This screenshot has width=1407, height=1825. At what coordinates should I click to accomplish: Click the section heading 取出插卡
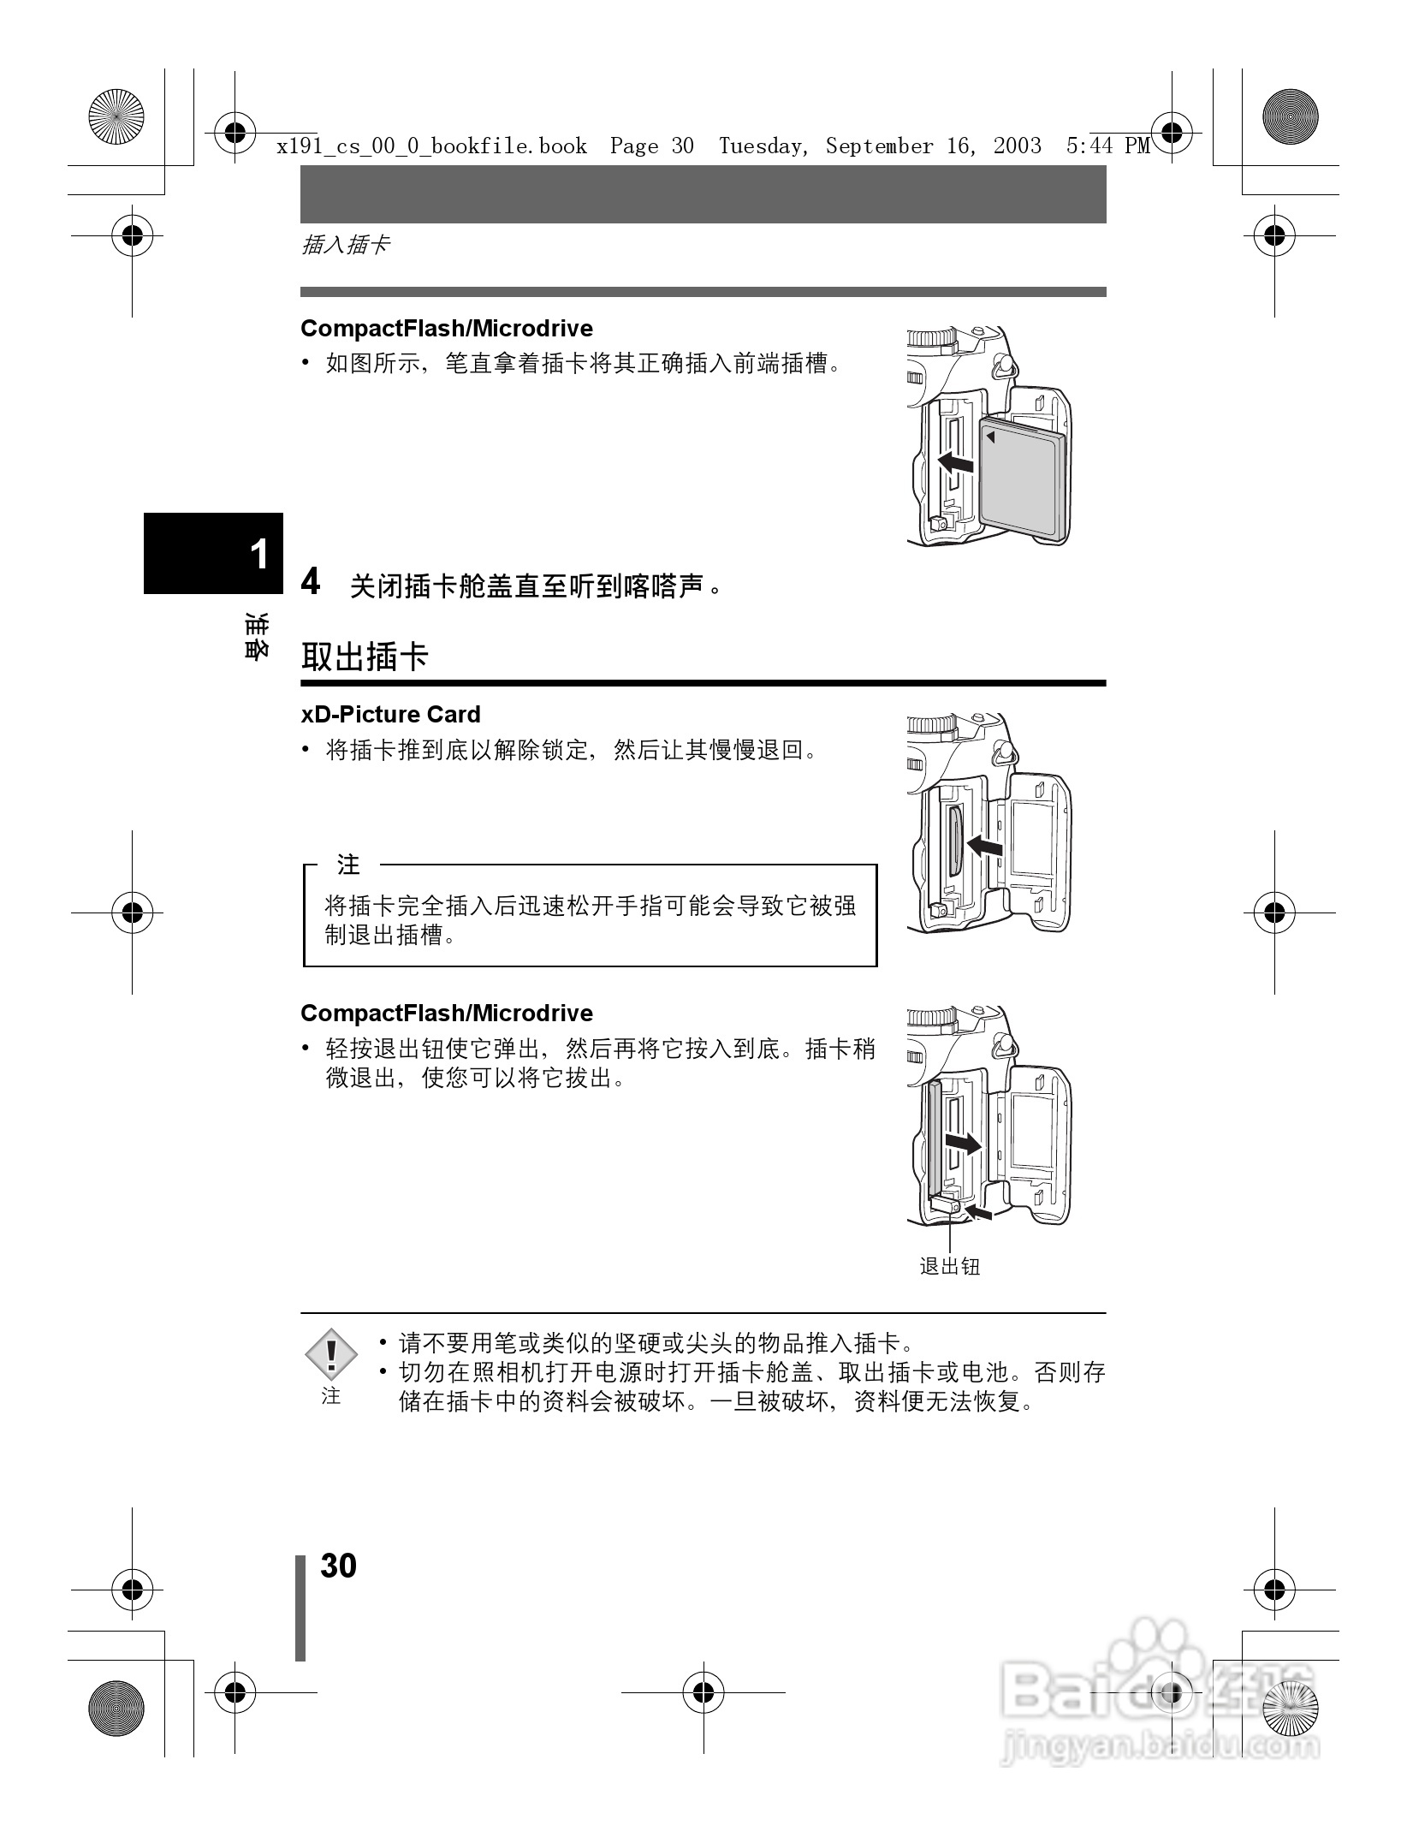(365, 657)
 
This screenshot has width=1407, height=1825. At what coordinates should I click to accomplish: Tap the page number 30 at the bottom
(338, 1566)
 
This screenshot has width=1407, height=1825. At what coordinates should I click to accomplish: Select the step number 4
(311, 581)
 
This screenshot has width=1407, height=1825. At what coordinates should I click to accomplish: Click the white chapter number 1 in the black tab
(258, 555)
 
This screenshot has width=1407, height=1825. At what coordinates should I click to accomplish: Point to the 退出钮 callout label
(949, 1267)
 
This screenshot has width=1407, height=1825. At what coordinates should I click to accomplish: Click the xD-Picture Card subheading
(390, 715)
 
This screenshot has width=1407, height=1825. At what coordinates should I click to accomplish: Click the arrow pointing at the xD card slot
(984, 847)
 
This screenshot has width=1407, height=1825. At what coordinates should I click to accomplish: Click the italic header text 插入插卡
(346, 246)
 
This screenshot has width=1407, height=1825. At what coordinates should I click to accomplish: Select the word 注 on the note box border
(348, 865)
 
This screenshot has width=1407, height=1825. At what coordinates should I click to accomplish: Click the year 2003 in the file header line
(1018, 146)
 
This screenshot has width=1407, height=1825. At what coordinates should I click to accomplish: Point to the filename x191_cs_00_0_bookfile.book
(432, 146)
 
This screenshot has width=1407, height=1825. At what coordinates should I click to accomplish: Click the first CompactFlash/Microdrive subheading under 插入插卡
(447, 329)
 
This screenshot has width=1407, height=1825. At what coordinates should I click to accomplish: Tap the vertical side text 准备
(255, 635)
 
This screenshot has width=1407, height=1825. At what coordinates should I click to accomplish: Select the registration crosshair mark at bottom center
(703, 1692)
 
